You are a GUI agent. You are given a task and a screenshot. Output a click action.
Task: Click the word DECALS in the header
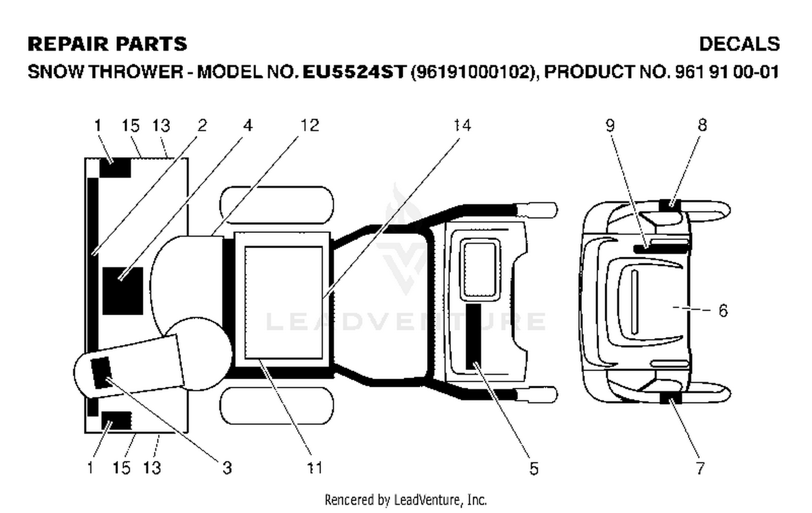tap(739, 44)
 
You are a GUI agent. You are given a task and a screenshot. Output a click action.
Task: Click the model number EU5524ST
tap(354, 72)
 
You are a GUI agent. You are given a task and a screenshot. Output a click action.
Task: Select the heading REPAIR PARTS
tap(107, 44)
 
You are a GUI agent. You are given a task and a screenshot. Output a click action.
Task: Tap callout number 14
tap(462, 125)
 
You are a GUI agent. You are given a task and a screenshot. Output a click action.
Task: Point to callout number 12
tap(310, 125)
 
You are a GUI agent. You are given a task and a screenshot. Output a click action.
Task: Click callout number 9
tap(611, 125)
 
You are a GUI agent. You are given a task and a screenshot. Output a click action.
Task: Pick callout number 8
tap(702, 125)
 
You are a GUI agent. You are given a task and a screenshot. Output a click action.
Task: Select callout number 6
tap(723, 310)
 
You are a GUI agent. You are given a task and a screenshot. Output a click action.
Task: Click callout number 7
tap(700, 468)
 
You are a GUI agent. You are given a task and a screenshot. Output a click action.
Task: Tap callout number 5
tap(534, 468)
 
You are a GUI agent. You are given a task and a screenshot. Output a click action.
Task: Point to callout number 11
tap(315, 467)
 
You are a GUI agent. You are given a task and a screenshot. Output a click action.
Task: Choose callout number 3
tap(227, 467)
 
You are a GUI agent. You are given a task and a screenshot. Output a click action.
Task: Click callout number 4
tap(247, 125)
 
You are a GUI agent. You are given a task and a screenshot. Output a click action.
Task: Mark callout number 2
tap(202, 125)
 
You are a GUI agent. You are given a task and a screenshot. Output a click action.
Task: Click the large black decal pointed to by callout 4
tap(123, 291)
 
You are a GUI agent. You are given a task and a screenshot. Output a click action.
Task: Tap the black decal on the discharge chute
tap(102, 372)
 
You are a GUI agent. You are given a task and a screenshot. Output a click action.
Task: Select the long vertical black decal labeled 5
tap(474, 337)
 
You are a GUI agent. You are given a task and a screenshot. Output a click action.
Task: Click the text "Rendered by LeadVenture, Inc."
tap(405, 500)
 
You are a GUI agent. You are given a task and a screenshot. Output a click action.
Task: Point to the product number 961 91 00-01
tap(727, 72)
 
